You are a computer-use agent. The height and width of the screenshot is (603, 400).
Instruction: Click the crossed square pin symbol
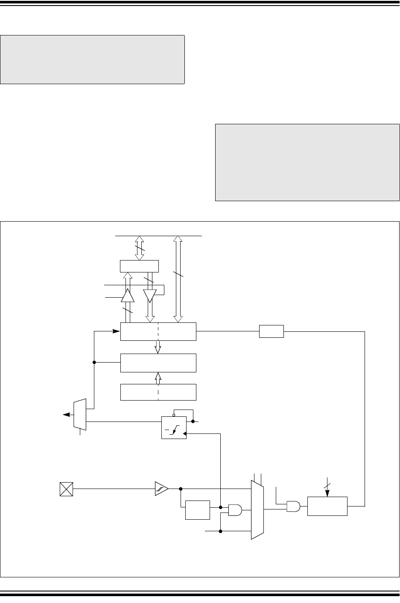pos(67,489)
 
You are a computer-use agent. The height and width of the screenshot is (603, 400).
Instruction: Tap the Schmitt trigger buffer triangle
pos(161,489)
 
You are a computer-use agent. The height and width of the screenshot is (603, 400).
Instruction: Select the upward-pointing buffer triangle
pos(128,295)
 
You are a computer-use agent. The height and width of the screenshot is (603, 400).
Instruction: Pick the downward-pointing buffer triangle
pos(150,296)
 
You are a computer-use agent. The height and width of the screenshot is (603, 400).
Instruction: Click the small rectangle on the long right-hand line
pos(272,331)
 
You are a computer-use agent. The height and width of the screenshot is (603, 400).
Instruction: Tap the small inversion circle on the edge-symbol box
pos(174,414)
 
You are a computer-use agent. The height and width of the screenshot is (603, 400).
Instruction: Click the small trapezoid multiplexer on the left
pos(80,415)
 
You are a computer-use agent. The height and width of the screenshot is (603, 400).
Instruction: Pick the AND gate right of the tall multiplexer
pos(293,506)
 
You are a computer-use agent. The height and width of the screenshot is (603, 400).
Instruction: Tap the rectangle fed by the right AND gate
pos(327,506)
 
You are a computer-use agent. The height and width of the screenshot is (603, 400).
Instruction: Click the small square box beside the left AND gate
pos(198,510)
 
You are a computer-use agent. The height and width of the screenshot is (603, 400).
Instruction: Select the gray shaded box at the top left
pos(92,60)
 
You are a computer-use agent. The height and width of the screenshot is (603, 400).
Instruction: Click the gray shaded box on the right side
pos(307,162)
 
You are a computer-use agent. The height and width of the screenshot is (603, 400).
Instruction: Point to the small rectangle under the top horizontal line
pos(140,266)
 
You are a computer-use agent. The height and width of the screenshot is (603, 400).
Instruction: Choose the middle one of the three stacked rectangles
pos(158,363)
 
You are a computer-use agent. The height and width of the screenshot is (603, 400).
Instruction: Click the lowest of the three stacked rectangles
pos(158,392)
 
